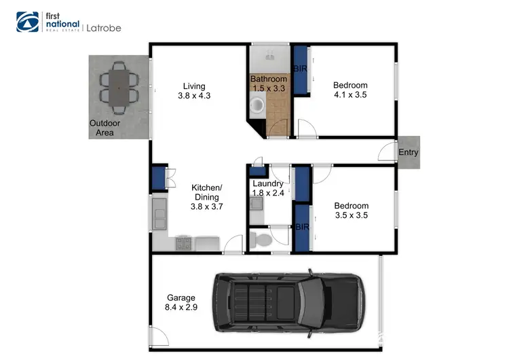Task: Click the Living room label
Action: pos(193,91)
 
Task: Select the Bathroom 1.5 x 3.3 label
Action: pos(269,84)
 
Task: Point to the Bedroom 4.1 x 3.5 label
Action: pos(350,90)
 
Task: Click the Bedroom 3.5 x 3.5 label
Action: pos(351,211)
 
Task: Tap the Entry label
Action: pos(409,153)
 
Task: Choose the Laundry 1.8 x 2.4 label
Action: pos(268,188)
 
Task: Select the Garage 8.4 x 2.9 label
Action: pos(181,302)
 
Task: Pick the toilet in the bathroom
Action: pos(257,106)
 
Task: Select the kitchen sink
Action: pos(160,215)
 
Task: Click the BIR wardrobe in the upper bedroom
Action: pos(299,70)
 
